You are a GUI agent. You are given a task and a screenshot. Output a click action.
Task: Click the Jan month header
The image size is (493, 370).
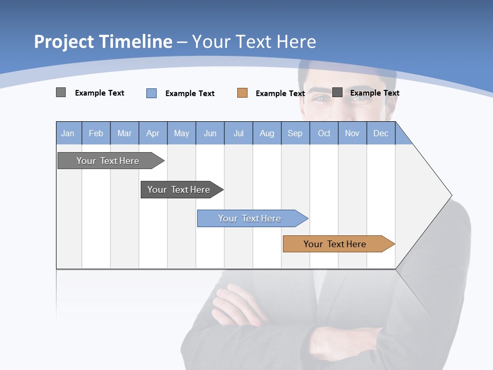coord(68,133)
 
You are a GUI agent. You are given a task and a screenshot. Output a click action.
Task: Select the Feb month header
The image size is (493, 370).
coord(96,133)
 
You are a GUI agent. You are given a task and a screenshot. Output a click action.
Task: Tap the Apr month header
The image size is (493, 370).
coord(153,133)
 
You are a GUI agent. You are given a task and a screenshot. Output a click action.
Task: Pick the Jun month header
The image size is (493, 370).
coord(210,133)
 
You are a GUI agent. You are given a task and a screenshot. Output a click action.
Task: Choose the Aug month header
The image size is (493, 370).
coord(267,133)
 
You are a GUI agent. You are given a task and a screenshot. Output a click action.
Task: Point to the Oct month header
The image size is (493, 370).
coord(324,133)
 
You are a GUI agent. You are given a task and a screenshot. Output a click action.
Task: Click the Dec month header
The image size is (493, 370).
coord(381,133)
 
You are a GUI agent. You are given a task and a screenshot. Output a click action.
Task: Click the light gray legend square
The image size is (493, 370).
coord(61,92)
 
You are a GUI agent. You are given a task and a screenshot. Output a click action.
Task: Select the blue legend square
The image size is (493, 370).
coord(151,93)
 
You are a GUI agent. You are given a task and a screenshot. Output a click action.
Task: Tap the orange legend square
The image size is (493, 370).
coord(242,93)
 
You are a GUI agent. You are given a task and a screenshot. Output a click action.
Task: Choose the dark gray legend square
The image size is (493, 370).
coord(337,92)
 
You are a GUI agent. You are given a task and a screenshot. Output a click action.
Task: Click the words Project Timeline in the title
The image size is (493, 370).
coord(103,42)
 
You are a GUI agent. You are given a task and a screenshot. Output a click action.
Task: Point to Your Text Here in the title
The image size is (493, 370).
coord(254,42)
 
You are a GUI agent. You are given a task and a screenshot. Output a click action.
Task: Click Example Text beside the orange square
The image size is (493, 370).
coord(280,94)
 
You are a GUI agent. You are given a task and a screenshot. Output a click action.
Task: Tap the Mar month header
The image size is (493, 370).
coord(124,133)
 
